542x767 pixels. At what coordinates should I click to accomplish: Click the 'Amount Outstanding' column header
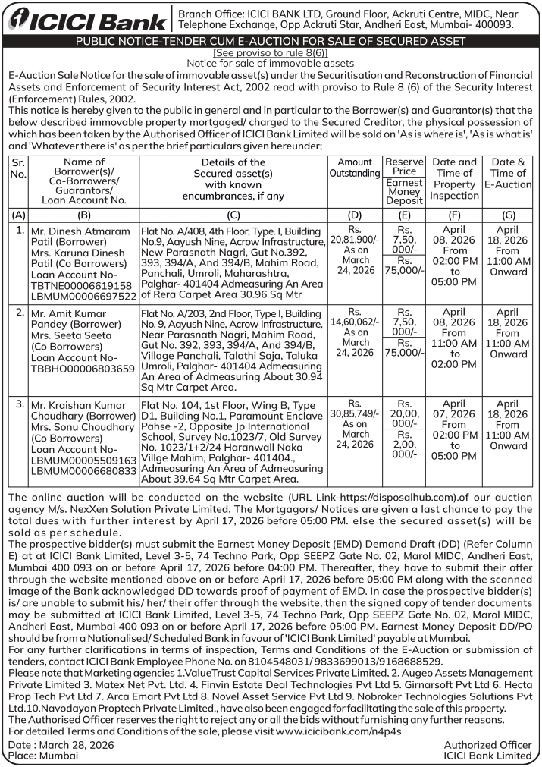(355, 168)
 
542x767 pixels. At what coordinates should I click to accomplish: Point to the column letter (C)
(233, 215)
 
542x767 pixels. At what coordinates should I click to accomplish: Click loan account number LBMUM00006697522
(83, 295)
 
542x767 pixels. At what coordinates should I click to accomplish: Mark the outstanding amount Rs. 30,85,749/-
(354, 410)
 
